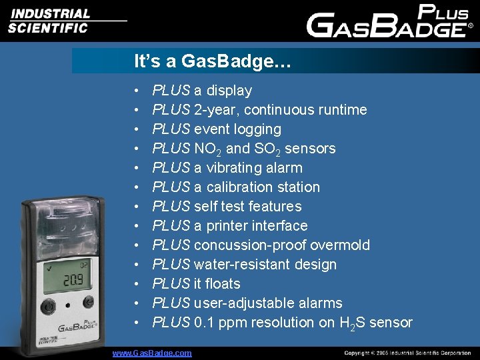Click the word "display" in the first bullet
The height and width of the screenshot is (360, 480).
click(x=229, y=91)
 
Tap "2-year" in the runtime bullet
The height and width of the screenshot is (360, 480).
click(x=215, y=110)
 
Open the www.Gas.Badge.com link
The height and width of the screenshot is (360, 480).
click(x=152, y=353)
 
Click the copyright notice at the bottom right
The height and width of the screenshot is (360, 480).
click(x=407, y=353)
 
